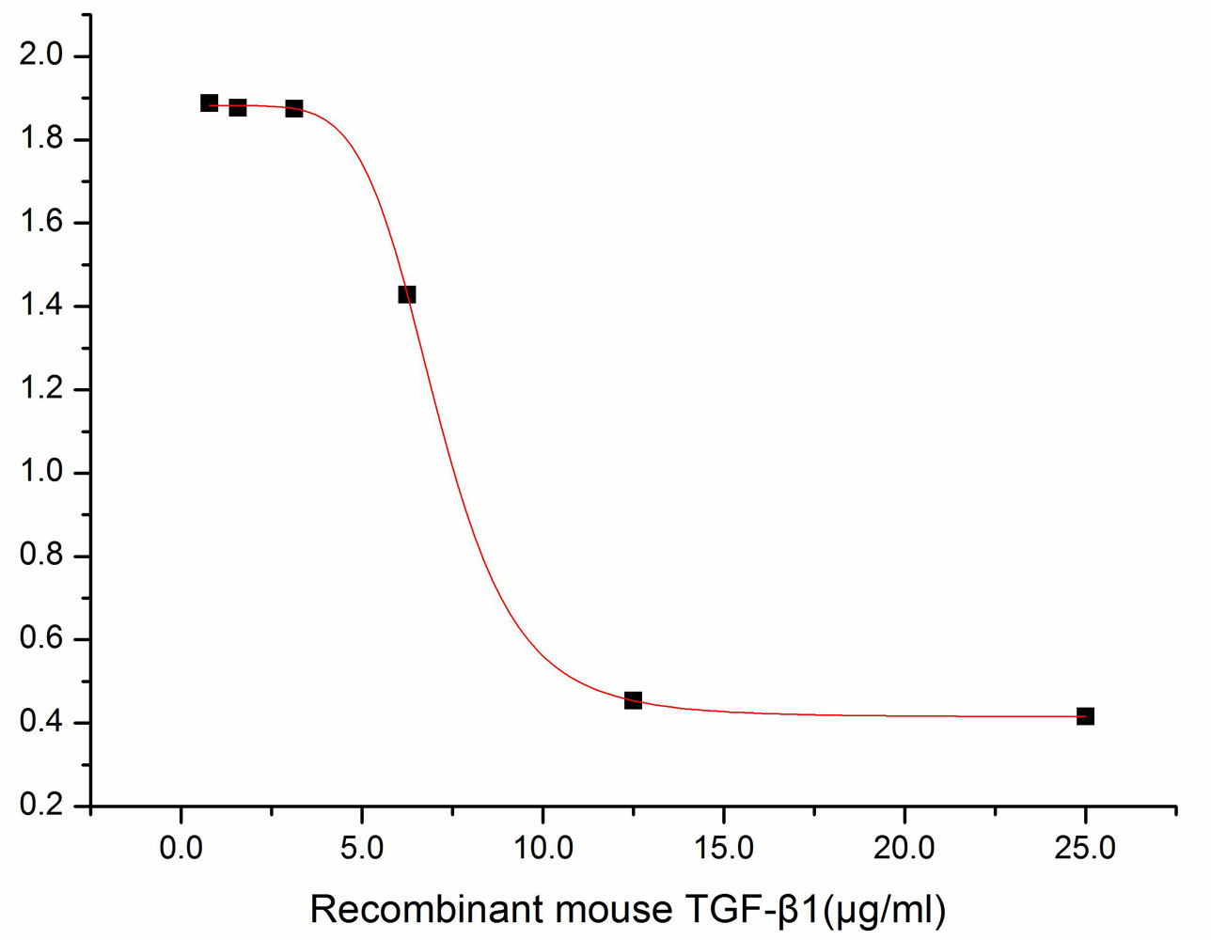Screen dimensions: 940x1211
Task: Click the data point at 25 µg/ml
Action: click(1085, 716)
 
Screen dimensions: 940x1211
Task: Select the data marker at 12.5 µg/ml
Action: click(633, 700)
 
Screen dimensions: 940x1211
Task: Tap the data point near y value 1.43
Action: click(406, 294)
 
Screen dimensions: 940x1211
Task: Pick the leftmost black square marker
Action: click(209, 102)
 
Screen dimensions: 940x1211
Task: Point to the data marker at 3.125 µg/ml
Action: click(293, 108)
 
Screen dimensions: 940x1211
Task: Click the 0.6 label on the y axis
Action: click(40, 638)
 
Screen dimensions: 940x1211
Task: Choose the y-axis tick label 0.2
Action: click(40, 805)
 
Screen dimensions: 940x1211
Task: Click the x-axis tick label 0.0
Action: click(181, 848)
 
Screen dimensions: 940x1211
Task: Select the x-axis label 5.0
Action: click(362, 848)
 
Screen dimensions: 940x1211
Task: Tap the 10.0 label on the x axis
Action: click(543, 848)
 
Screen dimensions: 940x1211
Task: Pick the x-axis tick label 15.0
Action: click(724, 848)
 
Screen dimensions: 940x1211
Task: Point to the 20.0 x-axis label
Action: click(904, 848)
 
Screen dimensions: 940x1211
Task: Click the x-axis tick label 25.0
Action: click(1085, 848)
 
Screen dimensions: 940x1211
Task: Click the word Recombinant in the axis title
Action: click(426, 910)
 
